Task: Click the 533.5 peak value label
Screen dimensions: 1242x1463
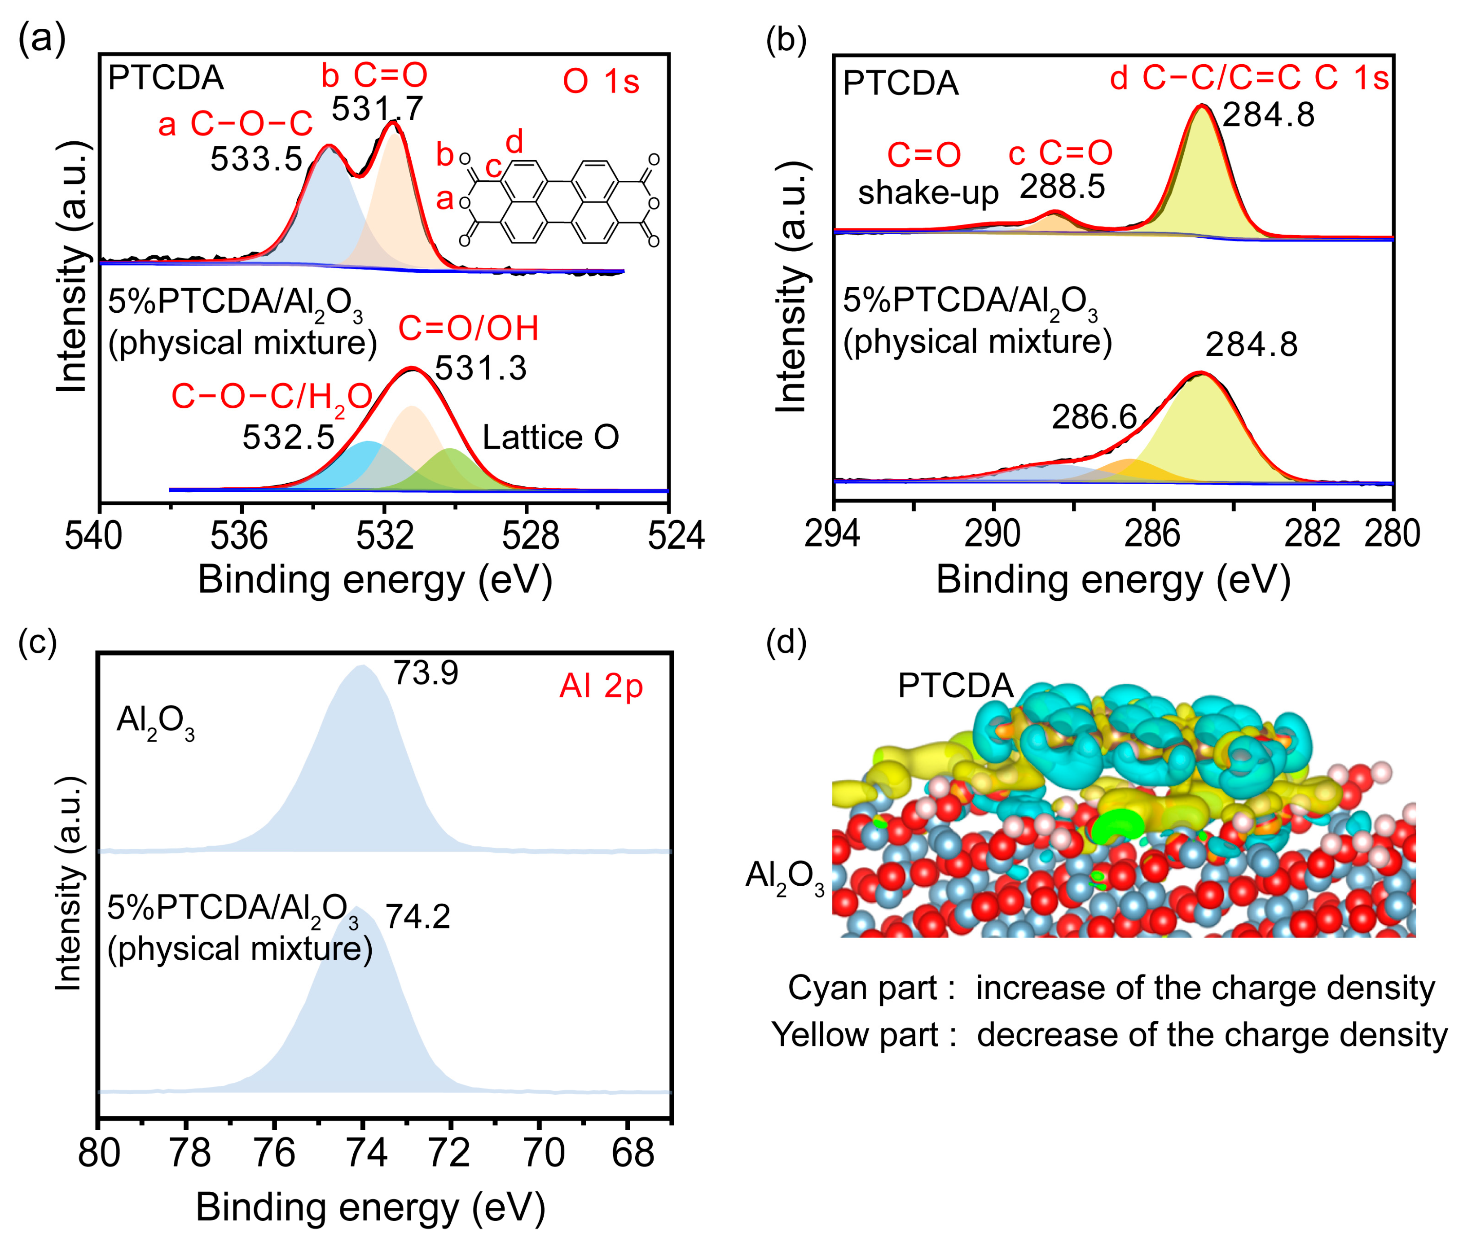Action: point(256,160)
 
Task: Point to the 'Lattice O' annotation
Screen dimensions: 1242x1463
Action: point(550,438)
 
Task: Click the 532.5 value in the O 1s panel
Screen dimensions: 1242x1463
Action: point(288,438)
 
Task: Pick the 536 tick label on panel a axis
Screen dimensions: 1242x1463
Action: point(239,537)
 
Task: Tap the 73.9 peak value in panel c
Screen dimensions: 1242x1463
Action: point(426,673)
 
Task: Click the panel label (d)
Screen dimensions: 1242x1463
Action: point(786,642)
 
